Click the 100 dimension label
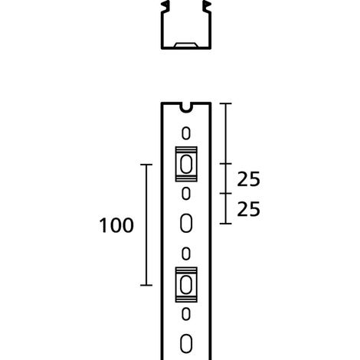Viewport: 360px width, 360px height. [x=116, y=225]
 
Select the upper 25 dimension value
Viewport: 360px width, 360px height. [x=248, y=179]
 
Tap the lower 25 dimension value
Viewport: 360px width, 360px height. [x=248, y=209]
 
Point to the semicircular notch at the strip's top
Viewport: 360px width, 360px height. [x=186, y=108]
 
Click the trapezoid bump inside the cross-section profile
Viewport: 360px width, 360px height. [x=186, y=45]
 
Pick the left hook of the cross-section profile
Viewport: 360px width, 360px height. [x=165, y=6]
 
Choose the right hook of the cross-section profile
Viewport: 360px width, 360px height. [x=207, y=6]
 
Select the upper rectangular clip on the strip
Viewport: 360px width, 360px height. [x=186, y=164]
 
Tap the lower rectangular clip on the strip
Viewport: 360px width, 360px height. [x=186, y=285]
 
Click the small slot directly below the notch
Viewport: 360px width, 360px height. [x=186, y=133]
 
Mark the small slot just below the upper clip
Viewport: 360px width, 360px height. [x=186, y=194]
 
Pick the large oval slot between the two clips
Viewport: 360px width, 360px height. [x=186, y=223]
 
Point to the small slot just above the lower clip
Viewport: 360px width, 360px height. [x=186, y=254]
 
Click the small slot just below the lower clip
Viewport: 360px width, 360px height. [x=186, y=314]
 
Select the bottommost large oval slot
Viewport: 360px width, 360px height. [x=186, y=344]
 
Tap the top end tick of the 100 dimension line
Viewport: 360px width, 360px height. [x=146, y=165]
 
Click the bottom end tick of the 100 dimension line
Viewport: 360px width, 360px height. [x=146, y=285]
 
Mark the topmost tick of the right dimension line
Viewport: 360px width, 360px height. [x=226, y=103]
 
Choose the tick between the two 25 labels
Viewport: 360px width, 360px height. [x=226, y=194]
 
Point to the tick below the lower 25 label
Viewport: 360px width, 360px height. [x=226, y=224]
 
